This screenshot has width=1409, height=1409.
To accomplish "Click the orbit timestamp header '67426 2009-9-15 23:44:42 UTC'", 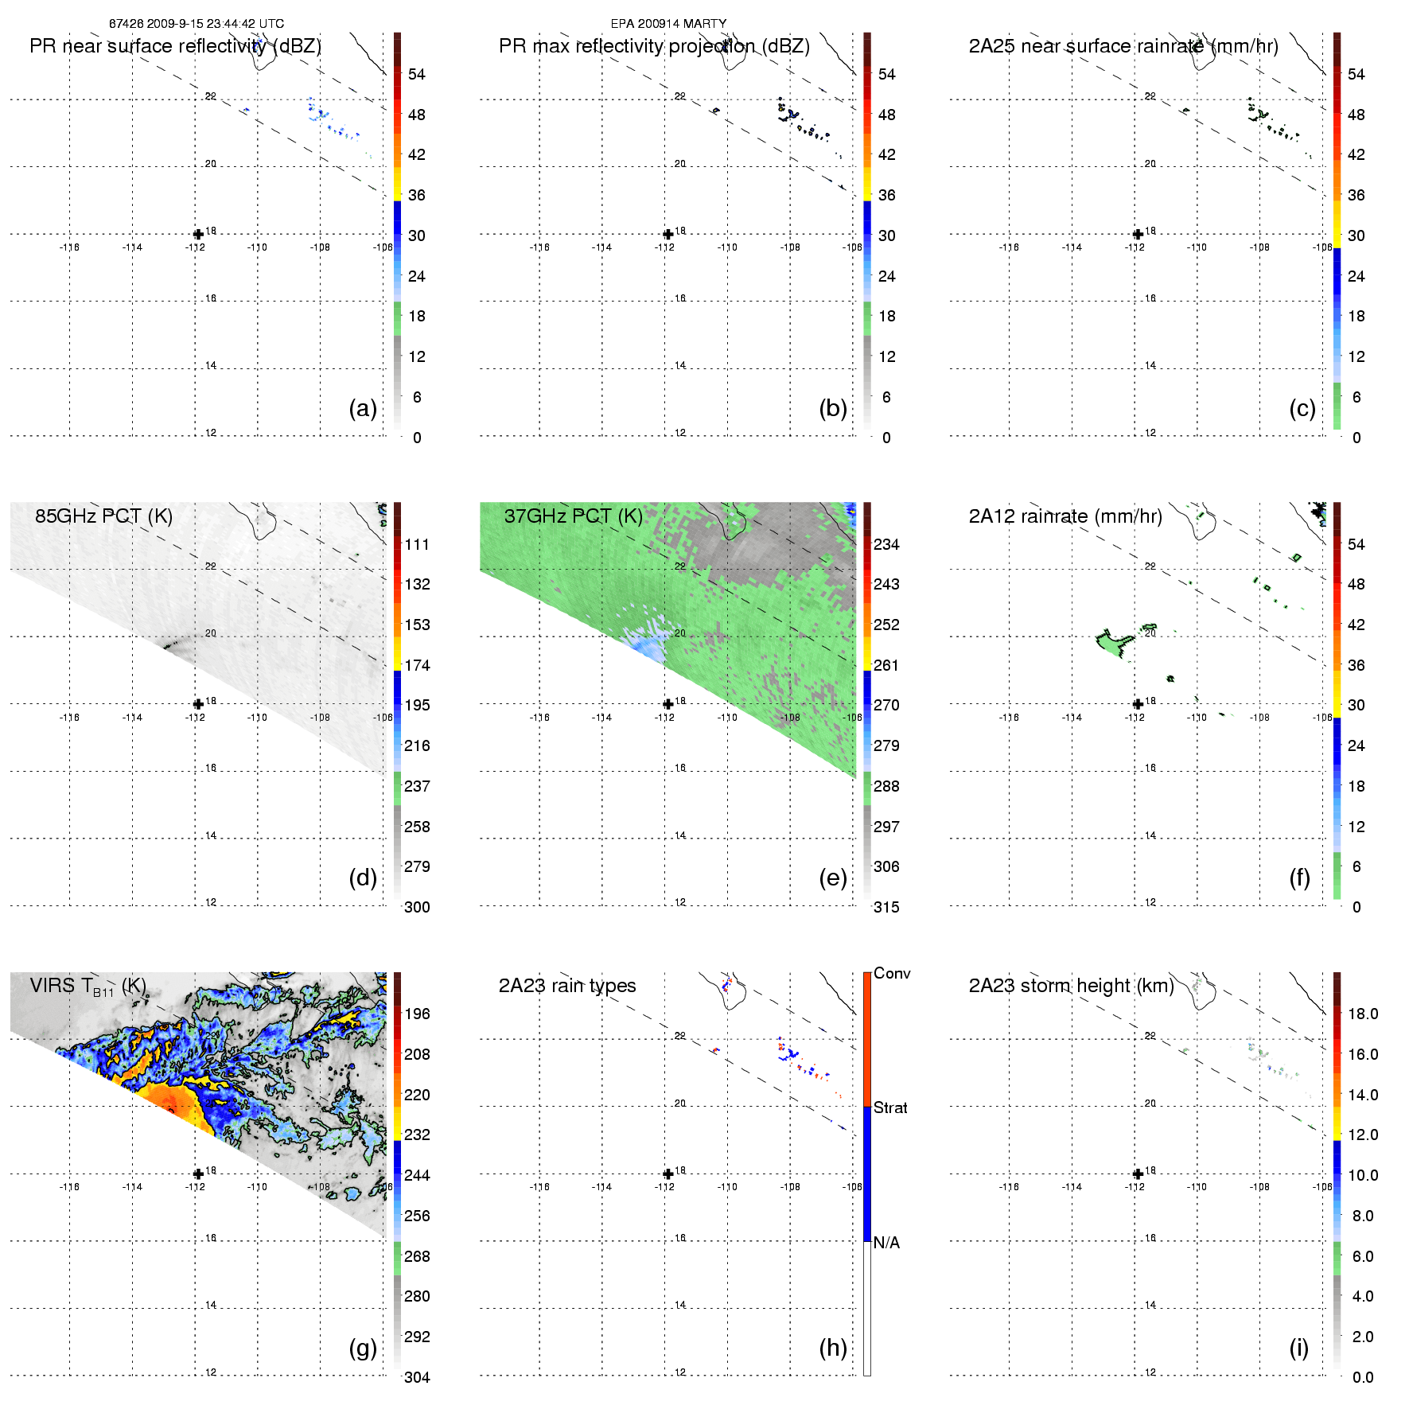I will click(196, 24).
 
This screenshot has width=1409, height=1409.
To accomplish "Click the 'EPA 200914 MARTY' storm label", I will click(668, 24).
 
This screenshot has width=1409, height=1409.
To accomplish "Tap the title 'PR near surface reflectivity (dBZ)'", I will click(175, 46).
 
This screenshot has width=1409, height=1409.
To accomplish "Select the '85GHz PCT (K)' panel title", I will click(103, 516).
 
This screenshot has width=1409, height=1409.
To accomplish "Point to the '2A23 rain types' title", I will click(566, 986).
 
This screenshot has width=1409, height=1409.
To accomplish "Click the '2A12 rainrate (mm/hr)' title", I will click(1065, 516).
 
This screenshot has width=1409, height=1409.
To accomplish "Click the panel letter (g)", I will click(363, 1347).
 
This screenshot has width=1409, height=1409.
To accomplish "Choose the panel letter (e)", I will click(832, 878).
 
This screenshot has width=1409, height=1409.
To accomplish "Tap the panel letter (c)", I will click(1302, 408).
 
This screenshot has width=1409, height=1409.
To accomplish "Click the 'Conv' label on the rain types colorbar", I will click(891, 973).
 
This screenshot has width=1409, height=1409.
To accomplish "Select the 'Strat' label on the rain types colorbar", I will click(890, 1107).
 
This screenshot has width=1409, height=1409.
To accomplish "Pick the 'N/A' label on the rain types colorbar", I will click(886, 1243).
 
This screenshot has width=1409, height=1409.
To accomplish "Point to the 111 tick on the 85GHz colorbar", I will click(417, 544).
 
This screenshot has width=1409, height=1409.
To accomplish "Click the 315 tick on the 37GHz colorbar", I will click(886, 907).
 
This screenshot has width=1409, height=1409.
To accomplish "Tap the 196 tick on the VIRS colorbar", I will click(417, 1014).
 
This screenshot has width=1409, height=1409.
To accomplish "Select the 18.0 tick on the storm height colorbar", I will click(1362, 1014).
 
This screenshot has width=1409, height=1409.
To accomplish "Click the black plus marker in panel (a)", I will click(198, 234).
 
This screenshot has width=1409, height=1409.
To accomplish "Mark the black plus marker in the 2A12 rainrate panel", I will click(1138, 703).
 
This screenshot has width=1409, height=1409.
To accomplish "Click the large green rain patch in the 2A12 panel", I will click(1112, 641).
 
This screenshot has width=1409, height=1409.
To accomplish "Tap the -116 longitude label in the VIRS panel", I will click(69, 1187).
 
